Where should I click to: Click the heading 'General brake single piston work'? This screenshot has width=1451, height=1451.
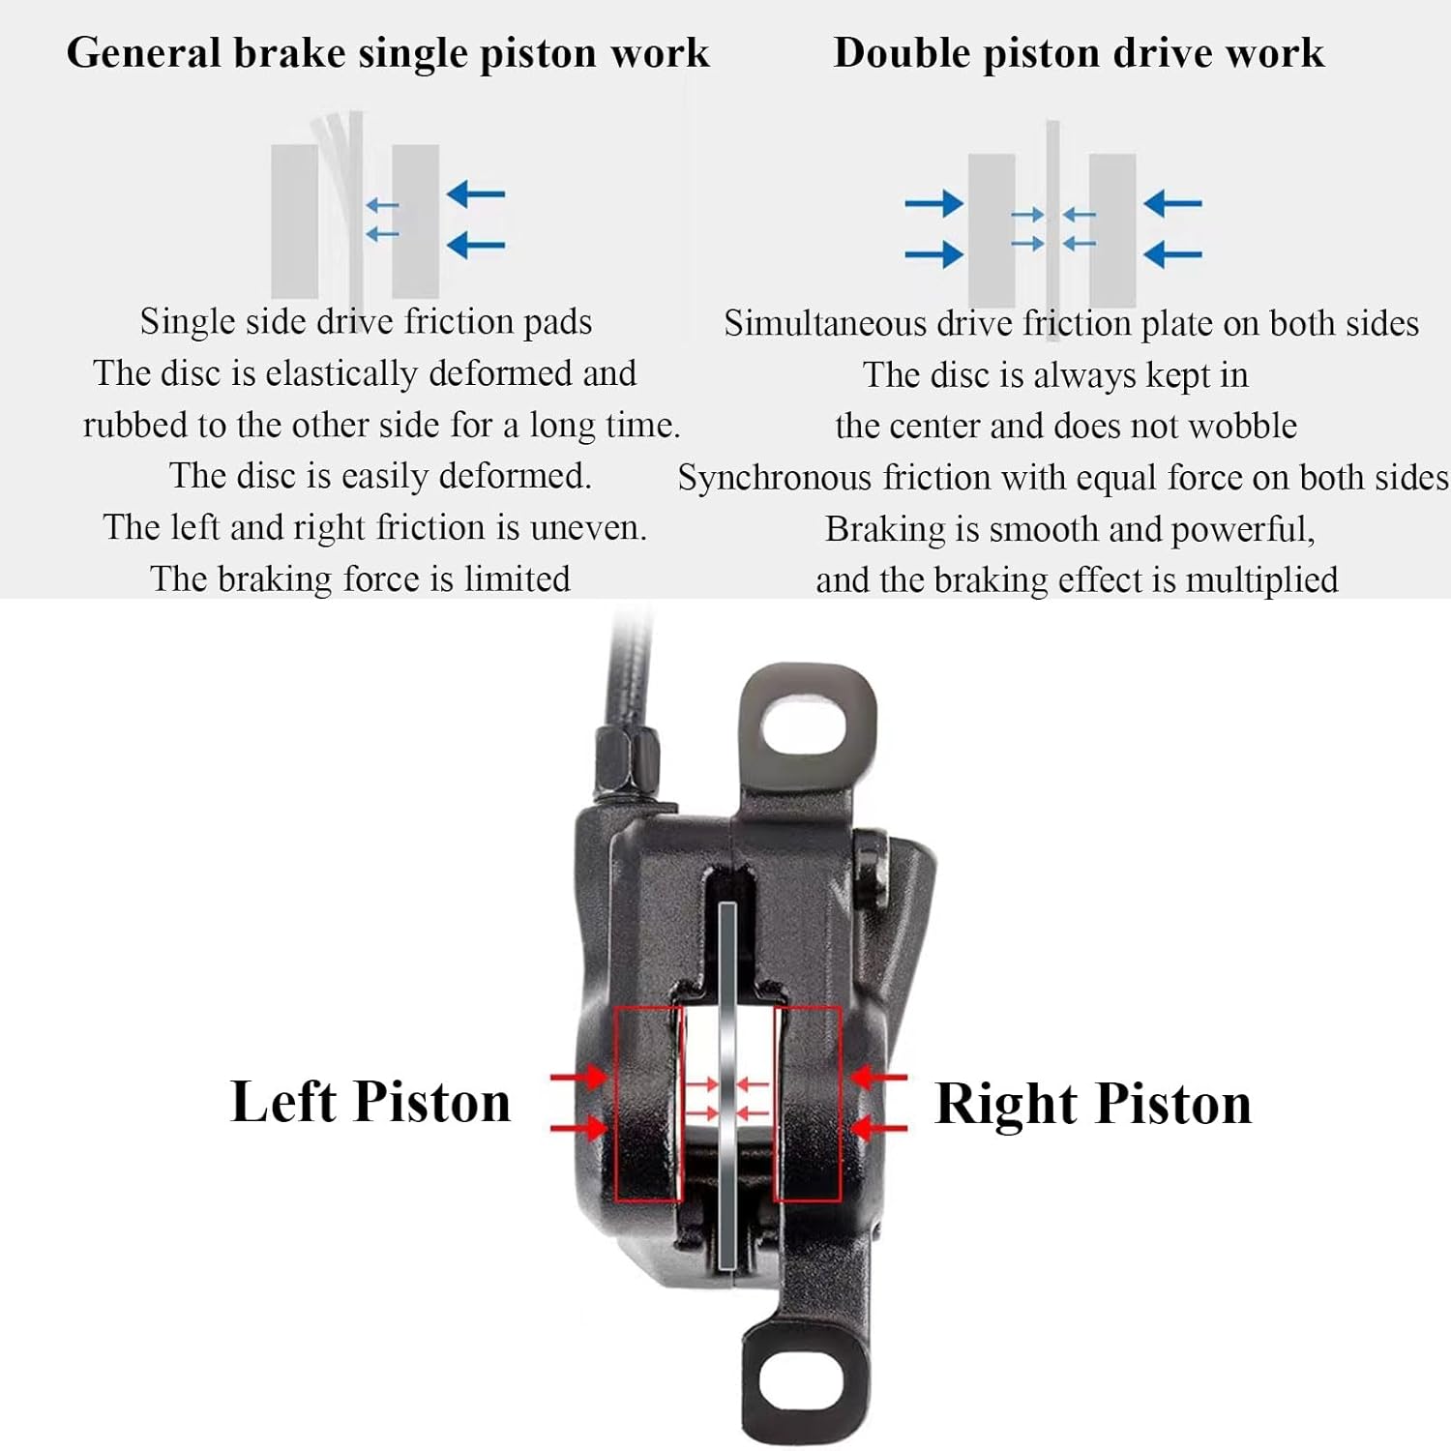(x=387, y=53)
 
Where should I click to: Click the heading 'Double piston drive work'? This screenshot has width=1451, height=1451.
(x=1078, y=53)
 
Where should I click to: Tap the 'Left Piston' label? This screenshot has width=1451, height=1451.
(x=370, y=1102)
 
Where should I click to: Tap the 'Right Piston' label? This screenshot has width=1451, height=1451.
(x=1093, y=1104)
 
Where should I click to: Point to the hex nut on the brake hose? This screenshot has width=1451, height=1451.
(x=628, y=760)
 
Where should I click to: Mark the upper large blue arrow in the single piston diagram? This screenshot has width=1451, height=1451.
(x=476, y=194)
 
